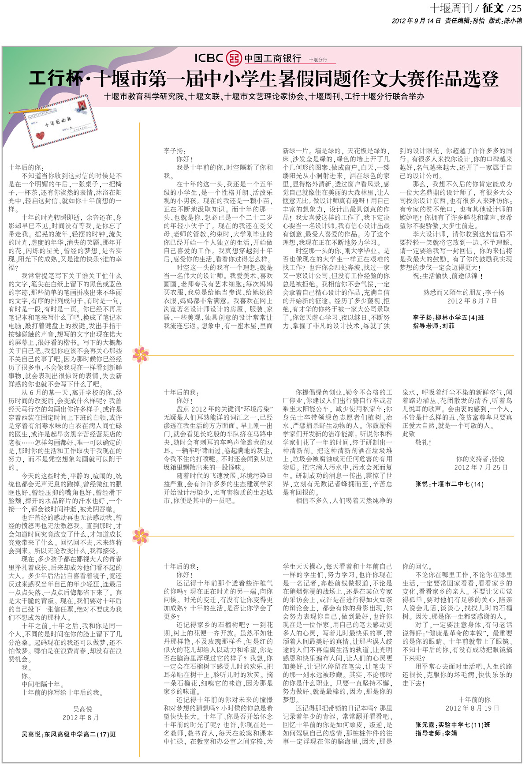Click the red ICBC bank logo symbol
pyautogui.click(x=234, y=58)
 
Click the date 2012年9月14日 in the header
pyautogui.click(x=416, y=21)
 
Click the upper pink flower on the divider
pyautogui.click(x=140, y=355)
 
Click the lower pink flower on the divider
pyautogui.click(x=140, y=536)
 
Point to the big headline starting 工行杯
pyautogui.click(x=264, y=79)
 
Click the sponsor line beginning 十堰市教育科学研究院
pyautogui.click(x=264, y=96)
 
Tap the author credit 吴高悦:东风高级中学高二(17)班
pyautogui.click(x=69, y=735)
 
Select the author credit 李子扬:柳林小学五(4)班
pyautogui.click(x=448, y=318)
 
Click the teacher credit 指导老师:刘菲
pyautogui.click(x=433, y=326)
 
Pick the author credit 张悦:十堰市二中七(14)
pyautogui.click(x=449, y=484)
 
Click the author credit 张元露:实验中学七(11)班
pyautogui.click(x=452, y=725)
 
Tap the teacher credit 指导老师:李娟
pyautogui.click(x=435, y=733)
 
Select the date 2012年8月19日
pyautogui.click(x=472, y=708)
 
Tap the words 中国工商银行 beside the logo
pyautogui.click(x=273, y=58)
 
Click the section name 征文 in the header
pyautogui.click(x=492, y=8)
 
